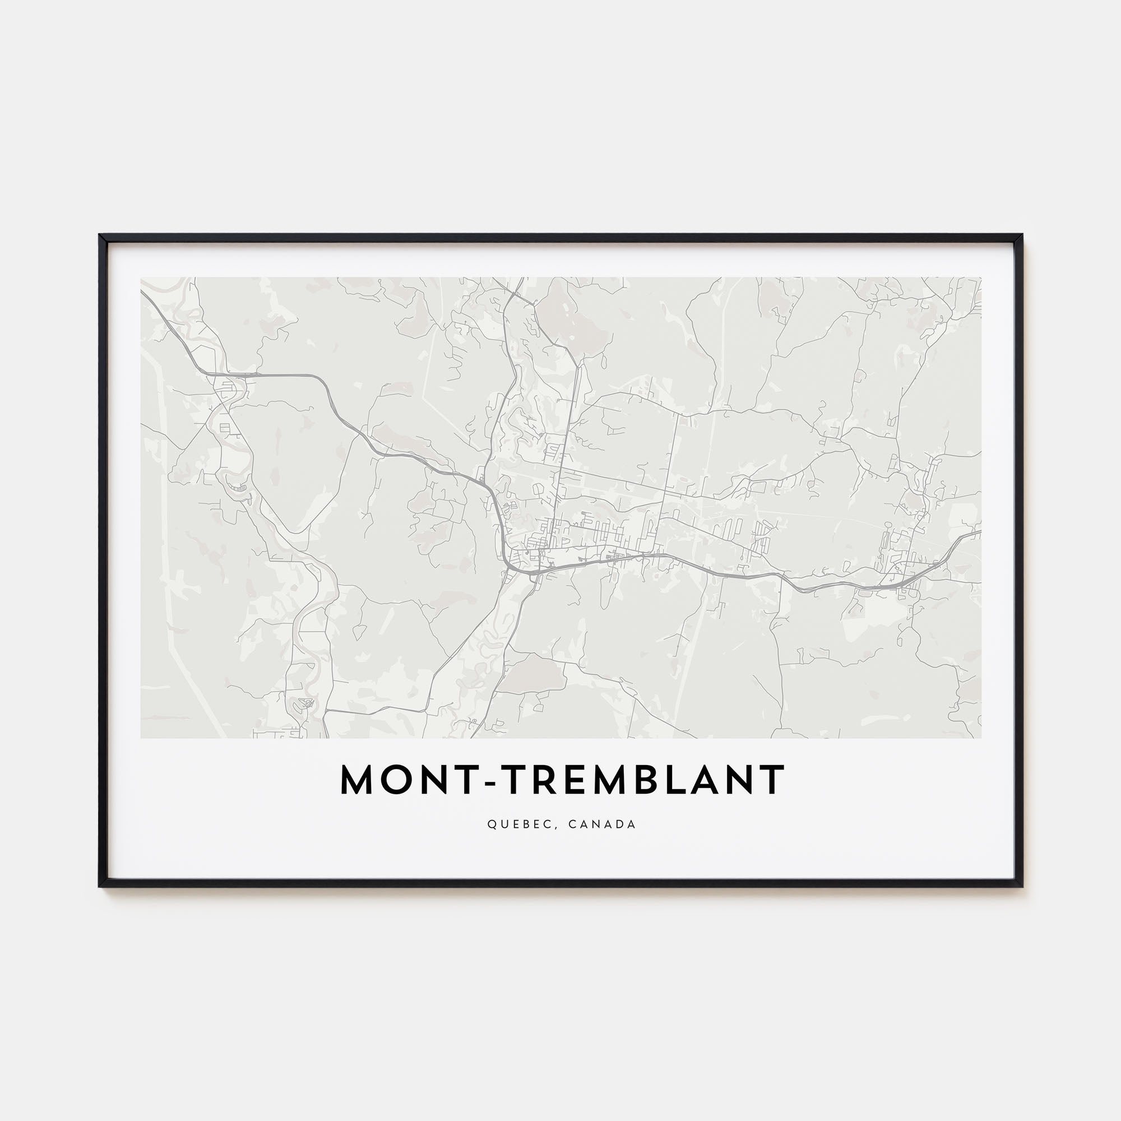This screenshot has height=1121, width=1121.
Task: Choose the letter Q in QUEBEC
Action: tap(492, 824)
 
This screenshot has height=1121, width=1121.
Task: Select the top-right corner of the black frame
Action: tap(1022, 235)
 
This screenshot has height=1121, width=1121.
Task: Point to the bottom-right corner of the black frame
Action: tap(1022, 903)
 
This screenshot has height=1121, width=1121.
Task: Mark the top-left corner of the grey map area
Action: tap(141, 278)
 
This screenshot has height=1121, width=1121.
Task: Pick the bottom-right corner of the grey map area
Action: tap(980, 738)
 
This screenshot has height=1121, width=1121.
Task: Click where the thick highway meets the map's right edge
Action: tap(980, 531)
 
